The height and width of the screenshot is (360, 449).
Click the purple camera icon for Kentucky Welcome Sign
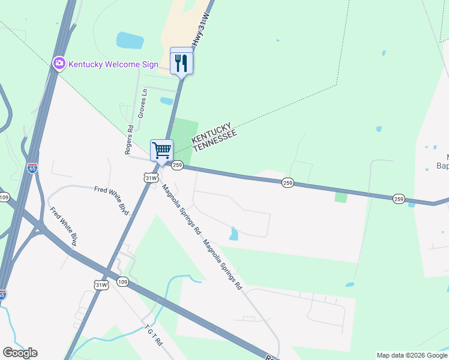[x=59, y=64]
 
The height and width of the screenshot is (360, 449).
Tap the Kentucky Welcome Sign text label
[x=113, y=64]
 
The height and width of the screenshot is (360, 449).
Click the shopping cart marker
[x=161, y=150]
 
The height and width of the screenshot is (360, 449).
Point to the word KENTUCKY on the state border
[x=211, y=131]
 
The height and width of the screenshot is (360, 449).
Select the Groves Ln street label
[x=143, y=103]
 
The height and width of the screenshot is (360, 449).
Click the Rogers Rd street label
[x=129, y=140]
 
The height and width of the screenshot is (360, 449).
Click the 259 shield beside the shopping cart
[x=177, y=164]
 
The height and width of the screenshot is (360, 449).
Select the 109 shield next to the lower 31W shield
[x=122, y=281]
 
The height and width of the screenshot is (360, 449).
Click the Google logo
[x=20, y=353]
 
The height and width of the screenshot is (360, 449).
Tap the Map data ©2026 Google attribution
[x=412, y=355]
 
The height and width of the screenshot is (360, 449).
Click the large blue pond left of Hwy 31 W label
[x=130, y=40]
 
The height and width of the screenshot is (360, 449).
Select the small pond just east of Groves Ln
[x=167, y=101]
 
